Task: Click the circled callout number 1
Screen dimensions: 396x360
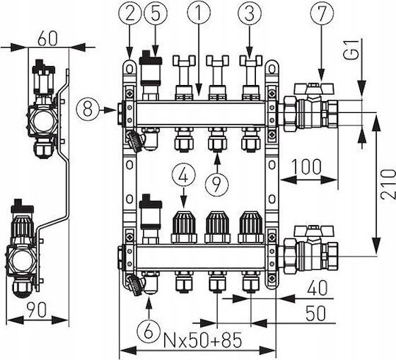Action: click(199, 12)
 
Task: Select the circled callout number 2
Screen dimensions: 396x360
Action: click(130, 12)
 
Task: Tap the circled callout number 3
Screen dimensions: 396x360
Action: click(249, 12)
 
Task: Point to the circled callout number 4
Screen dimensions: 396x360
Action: click(183, 175)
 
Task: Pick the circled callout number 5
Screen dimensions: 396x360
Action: click(155, 12)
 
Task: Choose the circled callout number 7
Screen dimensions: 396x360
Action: click(322, 12)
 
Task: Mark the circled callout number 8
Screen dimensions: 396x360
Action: click(88, 110)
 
